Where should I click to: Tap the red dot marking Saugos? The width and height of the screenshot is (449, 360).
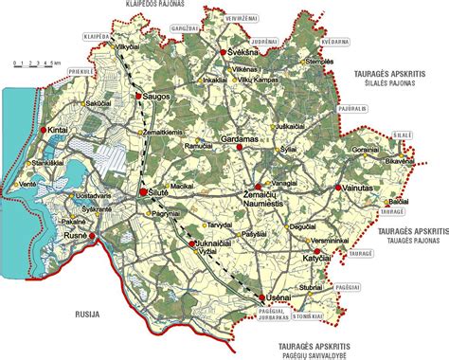138,96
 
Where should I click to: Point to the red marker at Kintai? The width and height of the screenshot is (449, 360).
43,130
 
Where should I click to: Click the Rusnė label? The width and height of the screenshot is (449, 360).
76,234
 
